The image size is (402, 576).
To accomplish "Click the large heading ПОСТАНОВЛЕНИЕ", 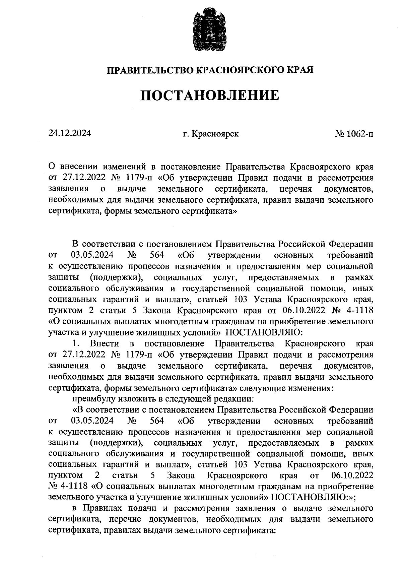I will pos(209,95).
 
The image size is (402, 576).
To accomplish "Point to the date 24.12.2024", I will pos(69,134).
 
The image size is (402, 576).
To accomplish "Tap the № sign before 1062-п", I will pos(340,134).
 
